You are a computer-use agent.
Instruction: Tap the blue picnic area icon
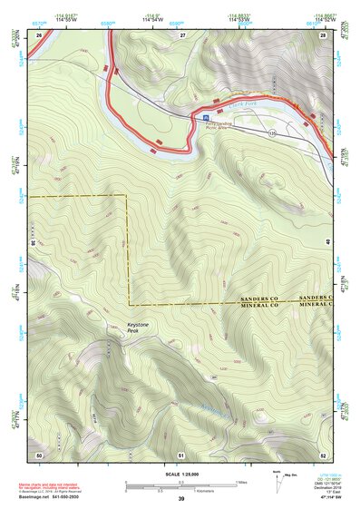point(205,118)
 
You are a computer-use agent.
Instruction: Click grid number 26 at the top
point(39,34)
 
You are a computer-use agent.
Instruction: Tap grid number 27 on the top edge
point(182,34)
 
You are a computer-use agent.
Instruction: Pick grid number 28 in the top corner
point(324,34)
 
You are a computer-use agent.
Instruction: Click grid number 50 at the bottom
point(39,454)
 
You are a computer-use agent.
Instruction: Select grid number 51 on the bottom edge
point(181,454)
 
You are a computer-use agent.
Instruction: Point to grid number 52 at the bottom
point(323,454)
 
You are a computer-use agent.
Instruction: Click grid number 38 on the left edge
point(33,243)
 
